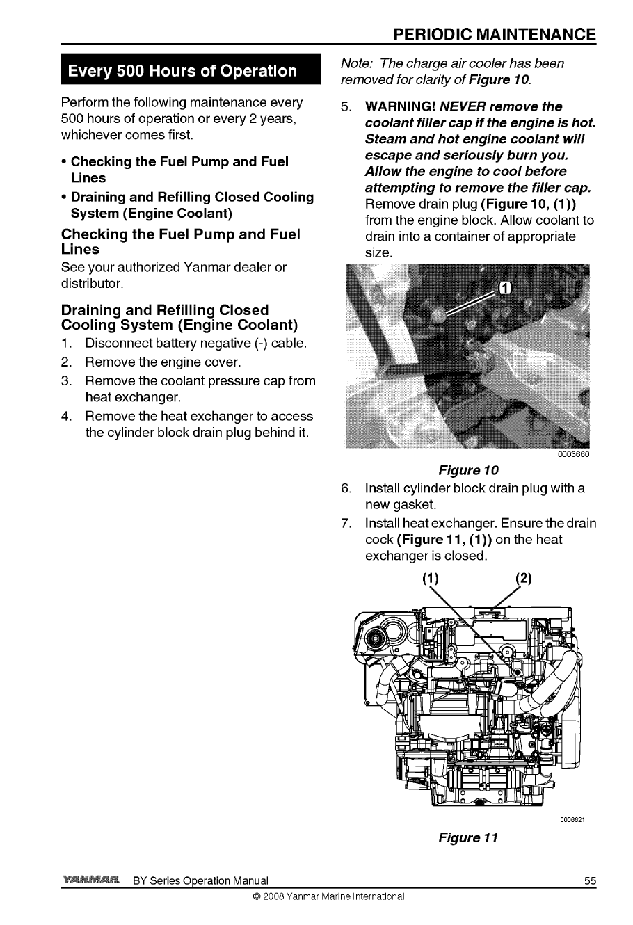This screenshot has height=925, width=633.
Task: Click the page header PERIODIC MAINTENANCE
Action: coord(494,35)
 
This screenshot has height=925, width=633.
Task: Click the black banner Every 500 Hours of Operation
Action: coord(181,72)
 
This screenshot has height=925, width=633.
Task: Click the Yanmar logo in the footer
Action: coord(93,880)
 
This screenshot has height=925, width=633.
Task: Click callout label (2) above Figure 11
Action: coord(522,579)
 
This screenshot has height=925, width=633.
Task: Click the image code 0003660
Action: coord(573,455)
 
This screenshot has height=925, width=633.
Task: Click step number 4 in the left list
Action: coord(67,417)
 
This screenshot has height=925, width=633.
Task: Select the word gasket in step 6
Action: coord(419,504)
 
